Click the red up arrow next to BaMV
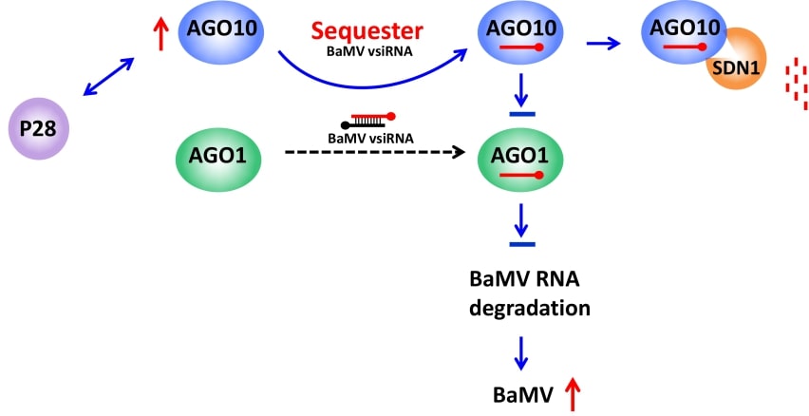click(572, 392)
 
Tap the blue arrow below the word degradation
click(519, 352)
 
